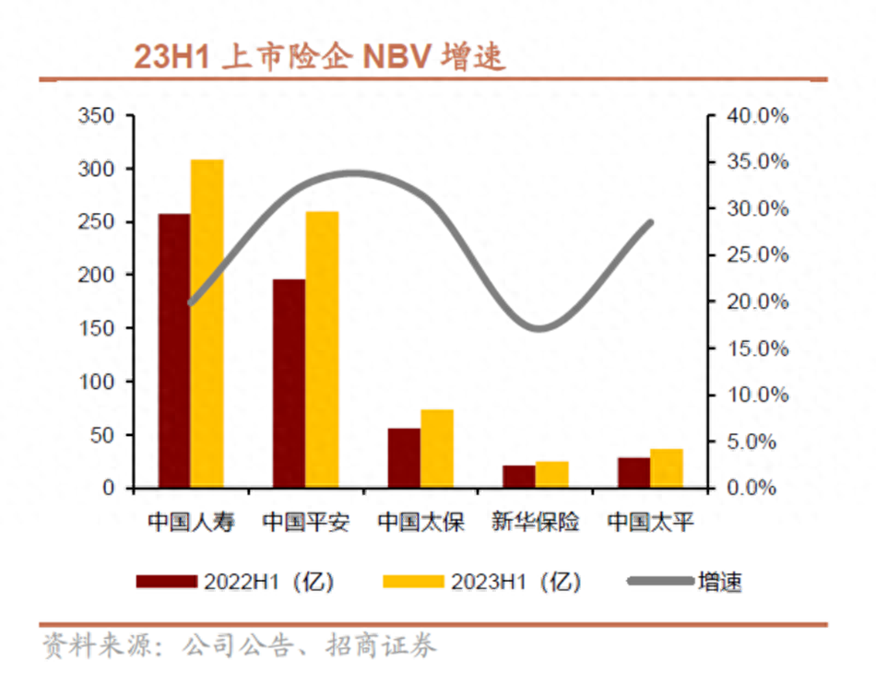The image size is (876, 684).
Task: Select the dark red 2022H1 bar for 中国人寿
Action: click(174, 350)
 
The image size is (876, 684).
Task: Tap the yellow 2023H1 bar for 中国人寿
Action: click(207, 323)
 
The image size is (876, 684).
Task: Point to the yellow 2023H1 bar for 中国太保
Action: click(437, 448)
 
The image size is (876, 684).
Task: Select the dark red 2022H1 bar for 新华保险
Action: click(519, 476)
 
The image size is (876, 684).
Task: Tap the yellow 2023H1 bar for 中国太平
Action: click(667, 467)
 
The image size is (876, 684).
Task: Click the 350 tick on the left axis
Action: click(96, 116)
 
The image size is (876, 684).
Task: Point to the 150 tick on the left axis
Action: click(96, 328)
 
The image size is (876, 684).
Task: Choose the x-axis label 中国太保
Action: click(420, 523)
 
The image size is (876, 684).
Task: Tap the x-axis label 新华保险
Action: click(536, 523)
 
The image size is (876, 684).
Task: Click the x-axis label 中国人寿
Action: click(191, 523)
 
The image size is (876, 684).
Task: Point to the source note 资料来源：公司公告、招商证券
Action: click(240, 644)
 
